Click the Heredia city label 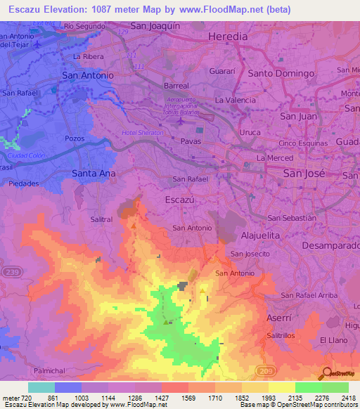[227, 37]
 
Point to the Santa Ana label [94, 172]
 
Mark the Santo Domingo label [281, 73]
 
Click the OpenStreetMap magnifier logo [326, 373]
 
